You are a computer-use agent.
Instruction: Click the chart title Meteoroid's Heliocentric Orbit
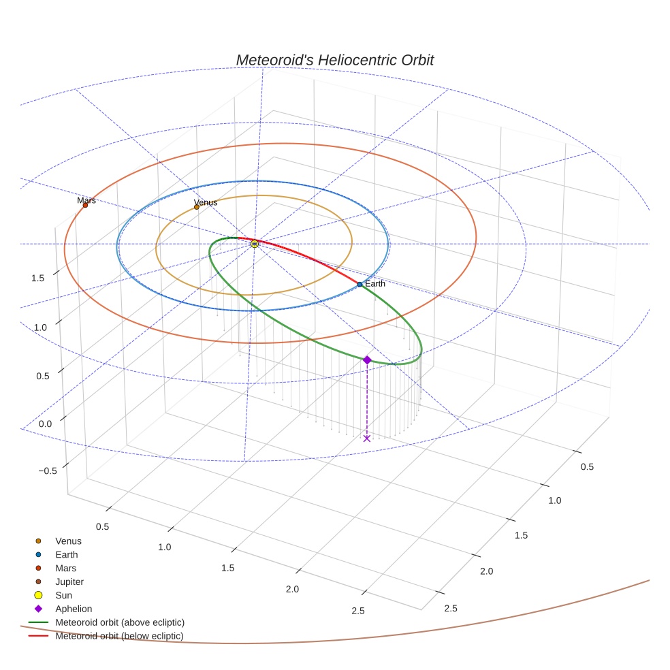pyautogui.click(x=334, y=60)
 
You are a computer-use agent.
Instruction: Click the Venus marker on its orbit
pyautogui.click(x=197, y=207)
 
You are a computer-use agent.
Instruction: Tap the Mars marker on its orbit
pyautogui.click(x=85, y=205)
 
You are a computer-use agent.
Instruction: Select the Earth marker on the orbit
pyautogui.click(x=360, y=284)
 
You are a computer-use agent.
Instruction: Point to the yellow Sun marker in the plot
pyautogui.click(x=255, y=243)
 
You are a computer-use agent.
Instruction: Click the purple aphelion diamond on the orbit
pyautogui.click(x=367, y=360)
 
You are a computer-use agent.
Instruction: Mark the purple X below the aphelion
pyautogui.click(x=367, y=438)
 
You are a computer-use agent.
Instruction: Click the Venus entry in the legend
pyautogui.click(x=68, y=541)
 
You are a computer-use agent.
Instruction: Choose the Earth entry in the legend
pyautogui.click(x=67, y=554)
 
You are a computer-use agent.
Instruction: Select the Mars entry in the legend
pyautogui.click(x=66, y=568)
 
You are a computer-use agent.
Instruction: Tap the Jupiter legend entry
pyautogui.click(x=69, y=581)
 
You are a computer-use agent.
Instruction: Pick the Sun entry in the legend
pyautogui.click(x=64, y=595)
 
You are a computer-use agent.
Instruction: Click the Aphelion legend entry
pyautogui.click(x=74, y=609)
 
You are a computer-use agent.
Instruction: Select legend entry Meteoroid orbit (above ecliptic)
pyautogui.click(x=120, y=622)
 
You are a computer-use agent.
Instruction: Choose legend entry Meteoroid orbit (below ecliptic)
pyautogui.click(x=119, y=636)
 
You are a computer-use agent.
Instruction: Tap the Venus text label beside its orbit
pyautogui.click(x=206, y=202)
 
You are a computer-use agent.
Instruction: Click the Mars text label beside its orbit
pyautogui.click(x=86, y=200)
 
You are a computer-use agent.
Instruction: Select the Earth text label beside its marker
pyautogui.click(x=375, y=283)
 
